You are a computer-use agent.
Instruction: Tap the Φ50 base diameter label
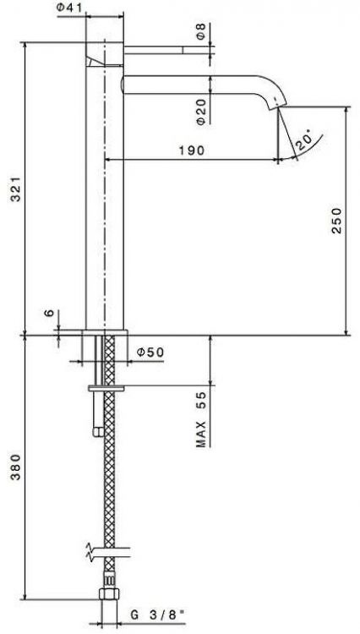(x=148, y=350)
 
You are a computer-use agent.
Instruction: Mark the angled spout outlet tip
(x=277, y=111)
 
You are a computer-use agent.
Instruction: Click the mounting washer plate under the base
(x=106, y=387)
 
